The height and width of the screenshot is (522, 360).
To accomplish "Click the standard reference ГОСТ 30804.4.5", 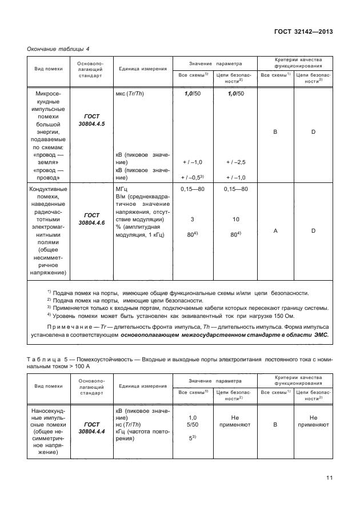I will click(87, 119).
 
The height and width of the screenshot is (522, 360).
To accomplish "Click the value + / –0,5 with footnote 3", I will click(193, 177).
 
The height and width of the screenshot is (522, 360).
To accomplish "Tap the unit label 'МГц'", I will click(122, 188).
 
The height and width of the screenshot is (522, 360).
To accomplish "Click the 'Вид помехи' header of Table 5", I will click(48, 386).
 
